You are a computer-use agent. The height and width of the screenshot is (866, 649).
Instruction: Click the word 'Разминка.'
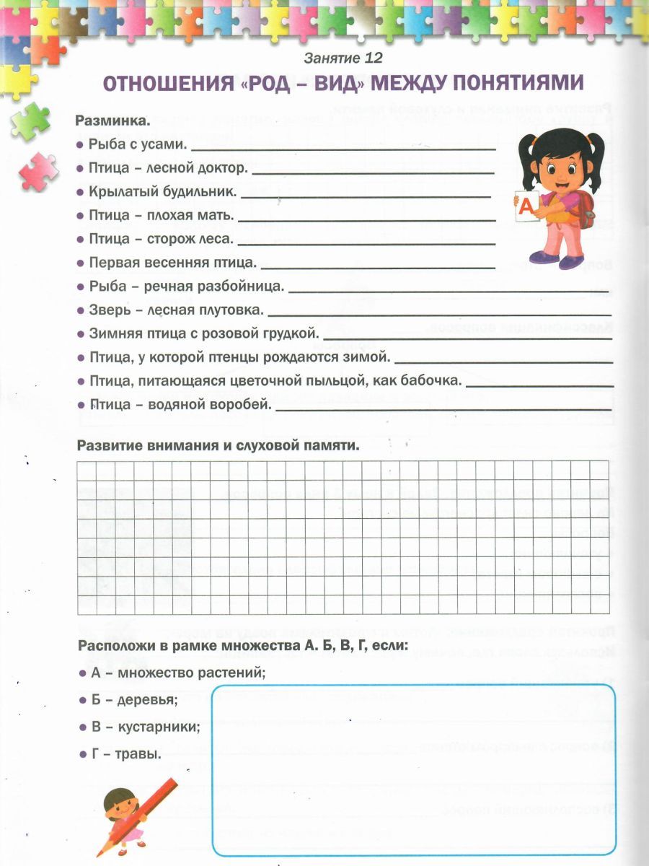[113, 121]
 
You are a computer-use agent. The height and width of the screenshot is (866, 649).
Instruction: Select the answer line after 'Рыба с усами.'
[344, 148]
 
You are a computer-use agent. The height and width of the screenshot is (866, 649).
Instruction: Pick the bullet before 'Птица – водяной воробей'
[81, 405]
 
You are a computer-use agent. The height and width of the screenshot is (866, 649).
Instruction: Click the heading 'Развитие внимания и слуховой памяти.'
[218, 445]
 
